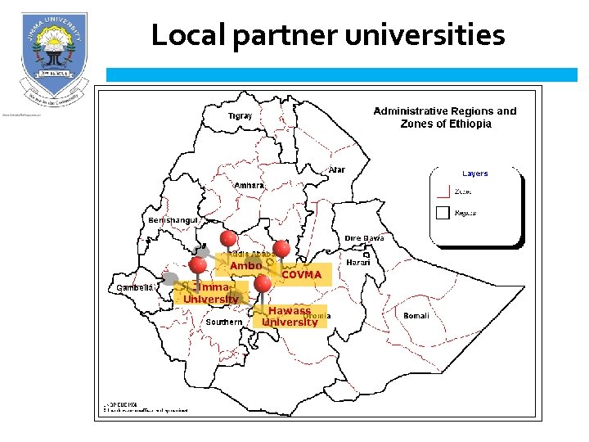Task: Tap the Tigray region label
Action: point(240,116)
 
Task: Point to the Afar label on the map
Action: point(336,169)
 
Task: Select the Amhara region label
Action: point(250,186)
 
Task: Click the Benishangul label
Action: point(173,221)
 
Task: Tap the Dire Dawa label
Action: point(364,238)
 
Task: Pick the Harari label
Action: point(358,263)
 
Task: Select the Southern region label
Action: point(223,322)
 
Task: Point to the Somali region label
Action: point(416,315)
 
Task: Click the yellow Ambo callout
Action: point(245,266)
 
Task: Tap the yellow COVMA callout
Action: point(302,275)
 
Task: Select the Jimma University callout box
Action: point(211,293)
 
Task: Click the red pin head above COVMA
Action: point(281,247)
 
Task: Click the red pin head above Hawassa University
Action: point(263,283)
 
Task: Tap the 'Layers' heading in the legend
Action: point(474,174)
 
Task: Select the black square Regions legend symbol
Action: point(443,213)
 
